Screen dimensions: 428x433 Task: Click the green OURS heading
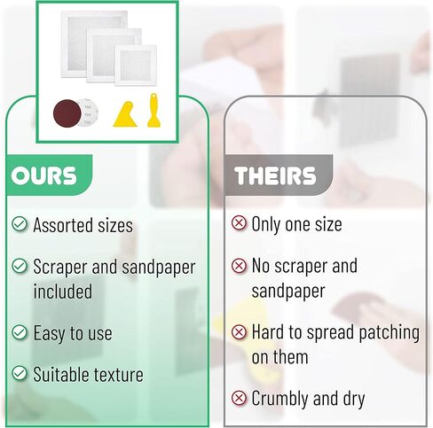point(43,175)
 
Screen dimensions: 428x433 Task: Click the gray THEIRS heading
point(275,175)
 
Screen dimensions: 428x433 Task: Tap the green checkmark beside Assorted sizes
point(20,225)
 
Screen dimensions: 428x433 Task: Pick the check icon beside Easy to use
point(20,333)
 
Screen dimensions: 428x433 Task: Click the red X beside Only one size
point(239,223)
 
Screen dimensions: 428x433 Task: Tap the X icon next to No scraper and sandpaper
point(239,266)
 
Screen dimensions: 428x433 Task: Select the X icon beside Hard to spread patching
point(239,333)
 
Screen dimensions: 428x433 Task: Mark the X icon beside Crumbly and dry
point(239,398)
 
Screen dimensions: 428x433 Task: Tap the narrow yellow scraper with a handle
point(153,111)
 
